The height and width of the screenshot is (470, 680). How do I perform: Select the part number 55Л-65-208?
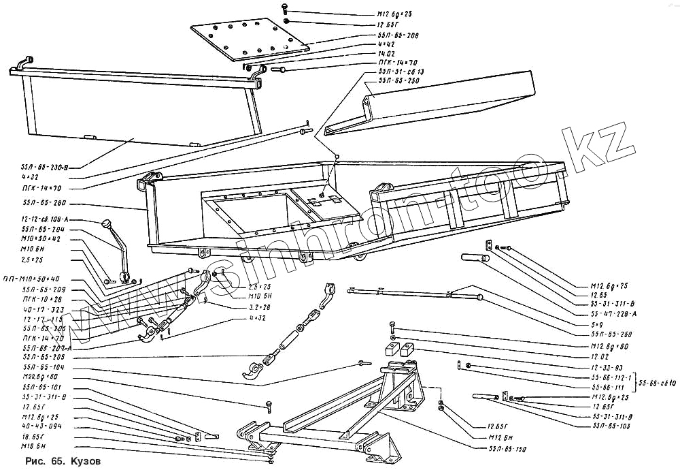tap(398, 35)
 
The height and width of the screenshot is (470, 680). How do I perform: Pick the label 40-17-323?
tap(42, 309)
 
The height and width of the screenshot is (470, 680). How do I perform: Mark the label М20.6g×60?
tap(40, 376)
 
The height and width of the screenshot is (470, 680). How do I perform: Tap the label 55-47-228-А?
tap(616, 314)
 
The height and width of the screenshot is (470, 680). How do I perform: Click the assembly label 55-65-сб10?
tap(657, 382)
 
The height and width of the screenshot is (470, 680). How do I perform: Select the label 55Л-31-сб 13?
tap(401, 71)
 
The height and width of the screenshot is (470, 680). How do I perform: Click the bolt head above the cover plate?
tap(286, 7)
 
